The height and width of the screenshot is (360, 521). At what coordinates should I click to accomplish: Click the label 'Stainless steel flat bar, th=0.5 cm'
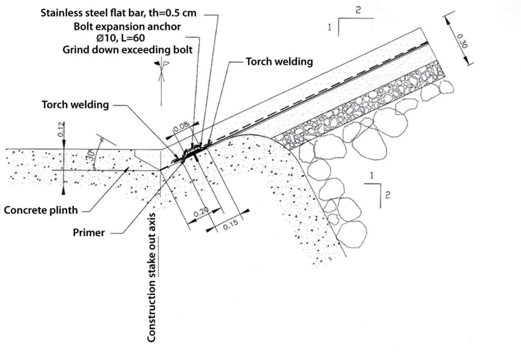click(x=118, y=13)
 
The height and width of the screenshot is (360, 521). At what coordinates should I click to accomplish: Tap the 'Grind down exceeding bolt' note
click(x=127, y=50)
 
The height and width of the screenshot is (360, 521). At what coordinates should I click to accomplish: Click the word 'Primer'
click(x=89, y=233)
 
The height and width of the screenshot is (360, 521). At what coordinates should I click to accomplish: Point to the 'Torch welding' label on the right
click(x=279, y=62)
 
